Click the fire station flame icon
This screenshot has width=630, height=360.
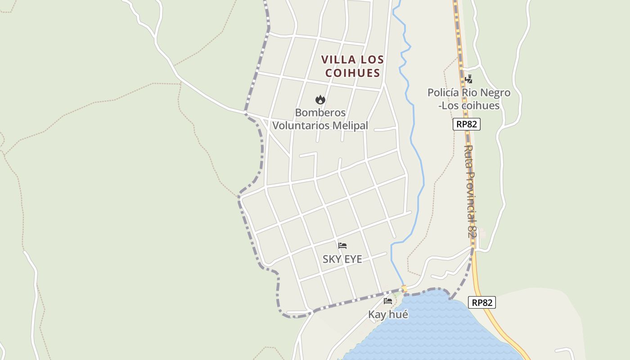(x=320, y=99)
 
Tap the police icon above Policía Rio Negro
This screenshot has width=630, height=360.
(x=468, y=80)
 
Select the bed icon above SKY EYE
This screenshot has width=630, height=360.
(x=342, y=246)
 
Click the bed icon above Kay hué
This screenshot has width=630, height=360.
(x=388, y=301)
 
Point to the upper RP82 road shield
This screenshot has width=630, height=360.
(x=467, y=124)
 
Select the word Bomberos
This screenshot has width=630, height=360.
(x=320, y=112)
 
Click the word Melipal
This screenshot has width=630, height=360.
(x=350, y=126)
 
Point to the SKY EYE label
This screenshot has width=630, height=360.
(x=342, y=259)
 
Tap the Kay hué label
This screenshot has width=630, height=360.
(x=388, y=315)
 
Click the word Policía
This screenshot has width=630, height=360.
(x=445, y=93)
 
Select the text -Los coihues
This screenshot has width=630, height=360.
(x=469, y=106)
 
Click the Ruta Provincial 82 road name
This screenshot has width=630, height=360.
(x=471, y=191)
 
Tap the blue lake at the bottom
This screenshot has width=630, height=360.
(x=432, y=328)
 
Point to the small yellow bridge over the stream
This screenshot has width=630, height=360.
(x=404, y=288)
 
